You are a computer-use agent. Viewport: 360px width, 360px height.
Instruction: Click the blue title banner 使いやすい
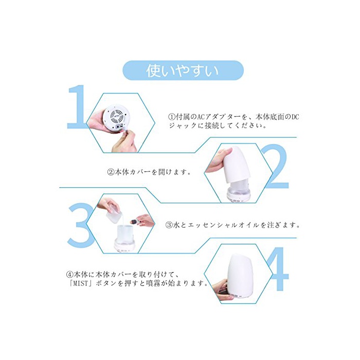pyautogui.click(x=183, y=70)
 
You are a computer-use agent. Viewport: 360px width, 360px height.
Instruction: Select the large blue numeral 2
pyautogui.click(x=276, y=166)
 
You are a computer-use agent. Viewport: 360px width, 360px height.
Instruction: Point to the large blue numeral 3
pyautogui.click(x=80, y=225)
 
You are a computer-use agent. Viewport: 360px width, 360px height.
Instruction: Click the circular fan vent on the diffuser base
pyautogui.click(x=116, y=115)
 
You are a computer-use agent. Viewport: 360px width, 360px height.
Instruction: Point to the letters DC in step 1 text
pyautogui.click(x=295, y=117)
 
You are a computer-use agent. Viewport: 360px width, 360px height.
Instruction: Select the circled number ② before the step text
pyautogui.click(x=111, y=172)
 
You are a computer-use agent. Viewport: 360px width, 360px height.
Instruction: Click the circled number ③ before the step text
pyautogui.click(x=169, y=225)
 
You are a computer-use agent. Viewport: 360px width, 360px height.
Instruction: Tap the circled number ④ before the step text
pyautogui.click(x=69, y=275)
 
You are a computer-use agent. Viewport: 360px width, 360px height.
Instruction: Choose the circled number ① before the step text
pyautogui.click(x=171, y=117)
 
